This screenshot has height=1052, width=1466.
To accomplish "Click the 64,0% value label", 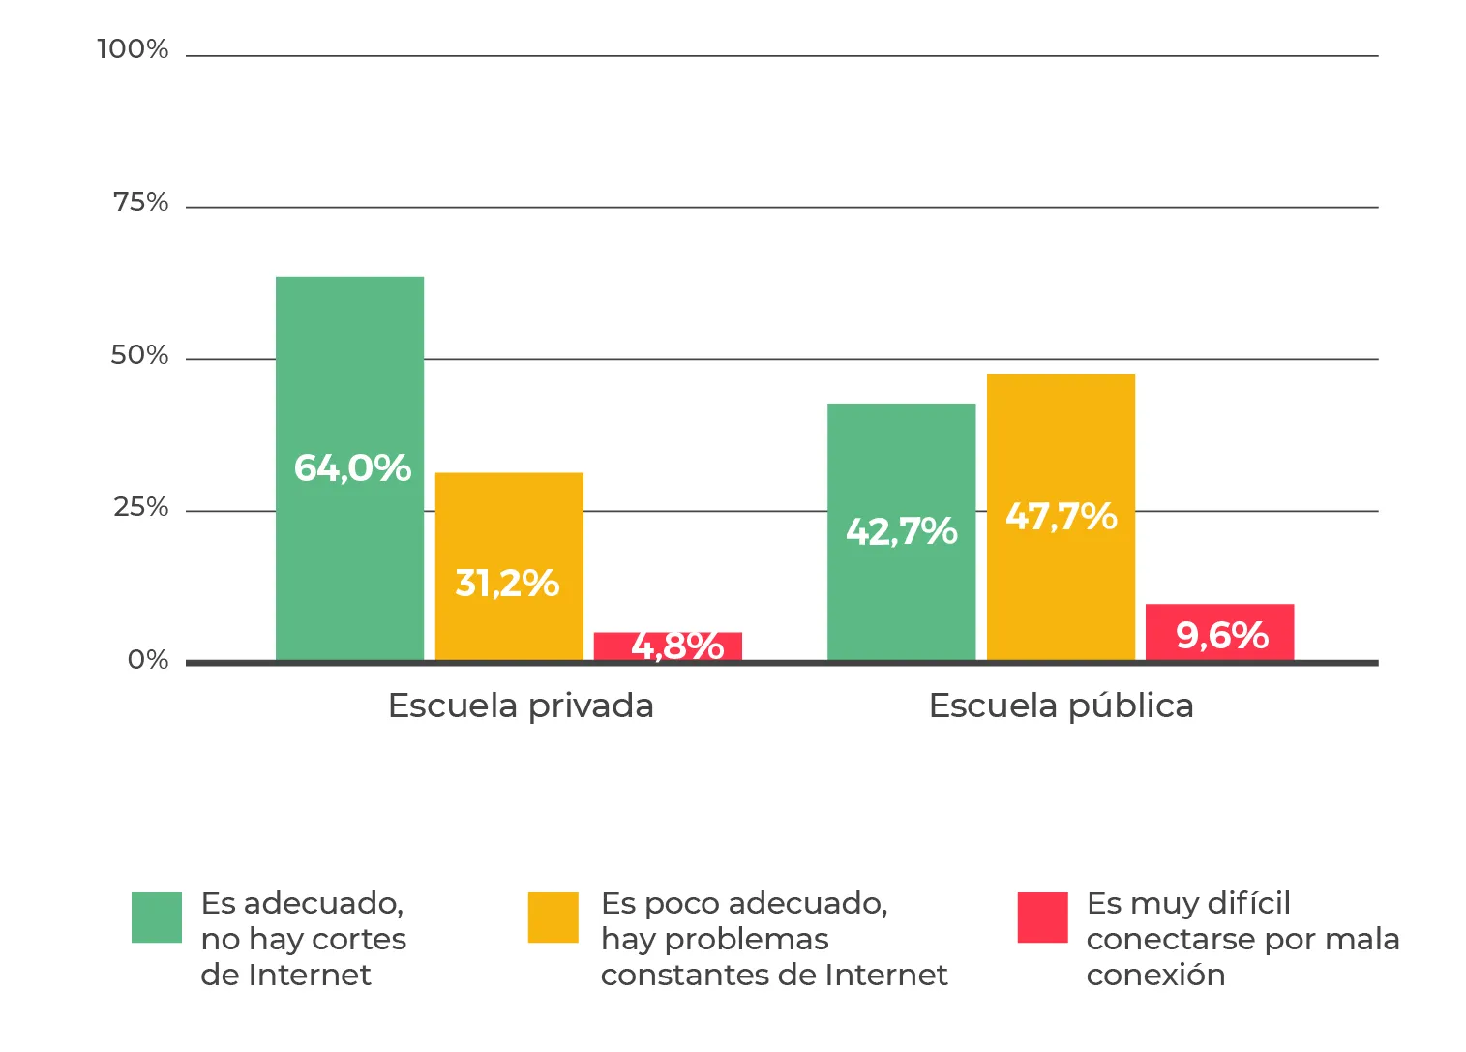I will click(x=352, y=468).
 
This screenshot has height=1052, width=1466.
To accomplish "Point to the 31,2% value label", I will click(x=507, y=584).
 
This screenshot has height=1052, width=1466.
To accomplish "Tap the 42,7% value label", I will click(x=901, y=531).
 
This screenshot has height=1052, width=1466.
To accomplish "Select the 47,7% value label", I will click(x=1061, y=517).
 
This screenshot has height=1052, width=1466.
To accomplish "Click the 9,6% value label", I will click(x=1221, y=636).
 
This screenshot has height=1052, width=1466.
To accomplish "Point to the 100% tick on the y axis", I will click(x=133, y=49).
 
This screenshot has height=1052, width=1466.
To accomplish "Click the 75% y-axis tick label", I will click(x=140, y=202).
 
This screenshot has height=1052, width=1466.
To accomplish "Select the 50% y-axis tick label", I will click(x=139, y=355).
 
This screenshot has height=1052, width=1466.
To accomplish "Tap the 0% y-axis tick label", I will click(x=148, y=660).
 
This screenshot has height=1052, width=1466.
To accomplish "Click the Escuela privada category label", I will click(x=521, y=706).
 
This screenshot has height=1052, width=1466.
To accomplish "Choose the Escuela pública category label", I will click(x=1061, y=706).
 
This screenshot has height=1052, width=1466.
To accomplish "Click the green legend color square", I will click(x=157, y=917).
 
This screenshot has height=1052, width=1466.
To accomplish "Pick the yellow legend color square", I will click(x=553, y=917).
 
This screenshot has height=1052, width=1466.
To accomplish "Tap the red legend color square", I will click(x=1042, y=917).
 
